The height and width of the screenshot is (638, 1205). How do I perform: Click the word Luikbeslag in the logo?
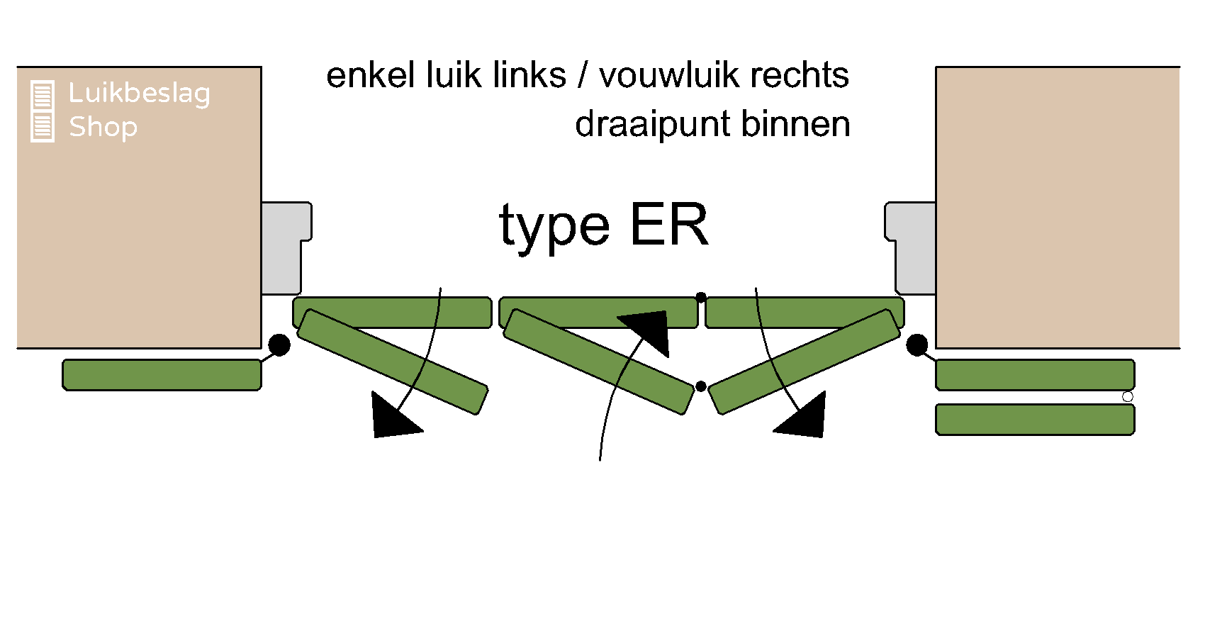click(x=139, y=94)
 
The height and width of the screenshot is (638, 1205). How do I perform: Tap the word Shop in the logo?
click(x=103, y=127)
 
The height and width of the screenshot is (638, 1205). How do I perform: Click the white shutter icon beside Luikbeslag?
click(x=43, y=111)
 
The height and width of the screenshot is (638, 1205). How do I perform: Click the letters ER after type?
click(x=668, y=225)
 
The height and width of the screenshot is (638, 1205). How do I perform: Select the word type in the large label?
click(x=554, y=227)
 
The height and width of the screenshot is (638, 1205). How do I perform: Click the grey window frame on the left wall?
click(x=283, y=248)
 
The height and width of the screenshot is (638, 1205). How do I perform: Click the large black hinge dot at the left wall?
click(x=279, y=345)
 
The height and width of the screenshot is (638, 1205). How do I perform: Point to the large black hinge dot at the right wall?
click(x=917, y=345)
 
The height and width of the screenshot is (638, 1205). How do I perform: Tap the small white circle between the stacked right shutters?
click(x=1128, y=397)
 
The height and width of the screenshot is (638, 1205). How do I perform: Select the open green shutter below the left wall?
click(x=162, y=375)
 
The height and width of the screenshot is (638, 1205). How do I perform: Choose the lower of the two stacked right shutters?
click(x=1035, y=420)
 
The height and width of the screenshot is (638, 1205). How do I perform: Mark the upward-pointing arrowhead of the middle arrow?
click(x=649, y=329)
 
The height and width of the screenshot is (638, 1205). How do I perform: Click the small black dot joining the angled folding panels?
click(x=701, y=386)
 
